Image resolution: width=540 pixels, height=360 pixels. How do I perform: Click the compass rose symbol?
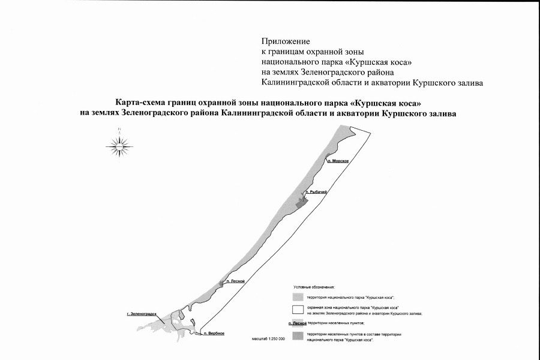point(120,144)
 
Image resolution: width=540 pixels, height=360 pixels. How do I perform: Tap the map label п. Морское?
point(338,161)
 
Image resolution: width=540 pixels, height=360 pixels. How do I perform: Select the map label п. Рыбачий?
point(316,192)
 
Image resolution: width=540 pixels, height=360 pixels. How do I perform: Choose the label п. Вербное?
point(214,333)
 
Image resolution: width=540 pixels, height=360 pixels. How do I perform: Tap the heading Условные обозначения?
point(314,288)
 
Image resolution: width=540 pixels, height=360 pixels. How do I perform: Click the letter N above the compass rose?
point(120,128)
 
